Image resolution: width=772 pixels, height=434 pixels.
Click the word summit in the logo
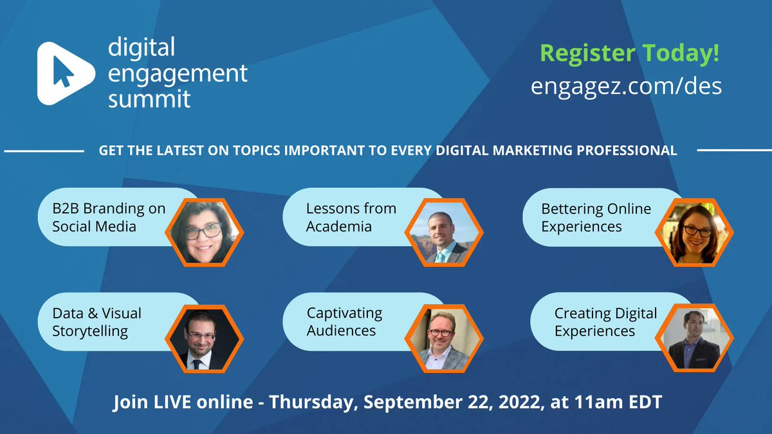click(149, 98)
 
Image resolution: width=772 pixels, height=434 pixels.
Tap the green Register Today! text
click(630, 53)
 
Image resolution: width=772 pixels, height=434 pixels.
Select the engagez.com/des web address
click(626, 86)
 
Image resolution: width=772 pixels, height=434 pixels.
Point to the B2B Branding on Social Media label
click(109, 217)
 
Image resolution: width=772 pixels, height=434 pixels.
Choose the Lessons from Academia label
click(351, 217)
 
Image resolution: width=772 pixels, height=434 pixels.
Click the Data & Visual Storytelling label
click(96, 322)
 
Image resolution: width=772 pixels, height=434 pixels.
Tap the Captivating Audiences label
click(344, 322)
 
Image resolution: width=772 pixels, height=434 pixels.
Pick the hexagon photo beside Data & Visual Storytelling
click(203, 338)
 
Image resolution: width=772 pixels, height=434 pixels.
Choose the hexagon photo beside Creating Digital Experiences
click(694, 338)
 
